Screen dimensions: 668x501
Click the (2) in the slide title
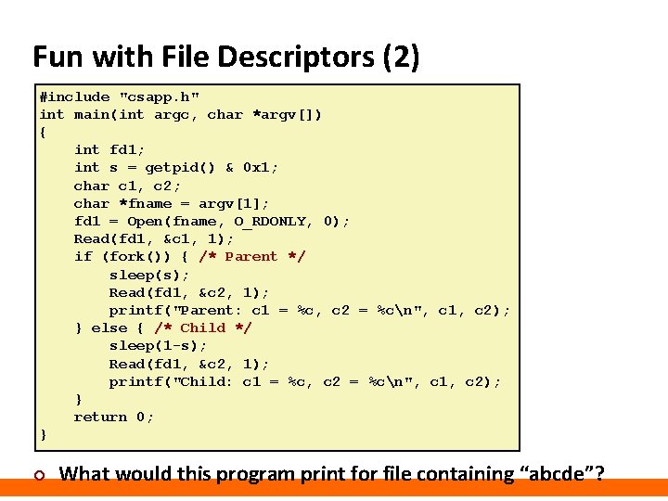click(x=401, y=58)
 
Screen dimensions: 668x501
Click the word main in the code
click(x=91, y=114)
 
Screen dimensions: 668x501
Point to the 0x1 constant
click(x=260, y=168)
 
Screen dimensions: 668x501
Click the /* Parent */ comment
click(x=251, y=257)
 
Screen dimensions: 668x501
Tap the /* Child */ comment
click(x=202, y=328)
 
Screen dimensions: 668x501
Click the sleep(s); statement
click(x=149, y=275)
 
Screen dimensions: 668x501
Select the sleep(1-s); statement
click(x=158, y=346)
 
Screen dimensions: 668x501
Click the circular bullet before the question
click(x=38, y=476)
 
